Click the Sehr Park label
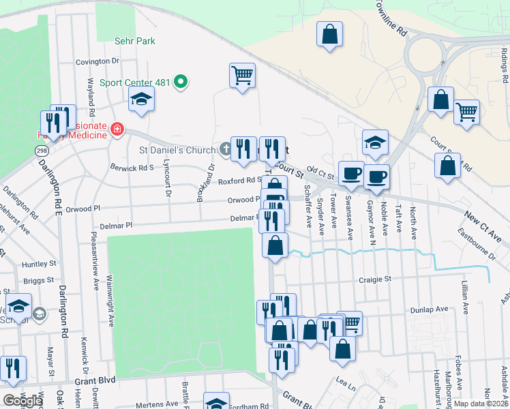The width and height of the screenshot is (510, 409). tap(136, 41)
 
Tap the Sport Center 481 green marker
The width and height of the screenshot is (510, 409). tap(181, 82)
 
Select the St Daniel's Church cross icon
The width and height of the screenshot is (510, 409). tap(226, 149)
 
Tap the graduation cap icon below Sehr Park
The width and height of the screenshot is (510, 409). tap(141, 100)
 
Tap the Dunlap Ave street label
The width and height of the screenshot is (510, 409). tap(429, 309)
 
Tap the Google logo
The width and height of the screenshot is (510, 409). tap(22, 400)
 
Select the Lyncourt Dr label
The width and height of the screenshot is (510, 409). tap(166, 183)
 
